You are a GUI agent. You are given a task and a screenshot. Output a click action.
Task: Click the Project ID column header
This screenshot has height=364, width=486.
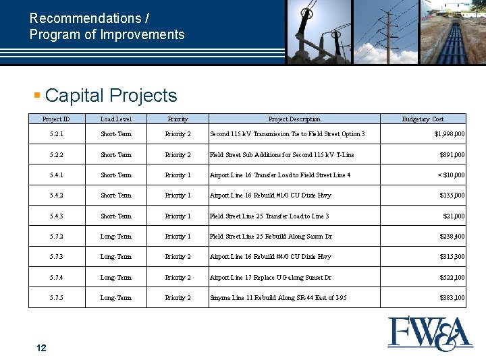click(56, 119)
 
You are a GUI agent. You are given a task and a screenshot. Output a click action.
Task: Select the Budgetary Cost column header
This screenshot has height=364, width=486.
click(423, 119)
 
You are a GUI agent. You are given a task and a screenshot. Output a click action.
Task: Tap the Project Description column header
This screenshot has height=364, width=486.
click(294, 119)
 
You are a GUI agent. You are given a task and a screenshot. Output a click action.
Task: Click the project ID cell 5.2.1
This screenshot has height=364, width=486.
click(56, 134)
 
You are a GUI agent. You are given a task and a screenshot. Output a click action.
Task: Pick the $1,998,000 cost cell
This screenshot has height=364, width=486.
click(449, 134)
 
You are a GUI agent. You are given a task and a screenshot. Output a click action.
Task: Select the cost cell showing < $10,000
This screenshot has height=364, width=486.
click(450, 175)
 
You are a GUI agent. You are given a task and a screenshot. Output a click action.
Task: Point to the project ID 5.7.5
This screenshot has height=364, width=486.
click(56, 298)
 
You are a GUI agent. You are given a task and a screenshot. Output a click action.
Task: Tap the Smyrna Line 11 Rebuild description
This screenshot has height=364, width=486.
click(278, 298)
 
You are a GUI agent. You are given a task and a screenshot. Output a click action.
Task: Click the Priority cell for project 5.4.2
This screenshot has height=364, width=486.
click(178, 195)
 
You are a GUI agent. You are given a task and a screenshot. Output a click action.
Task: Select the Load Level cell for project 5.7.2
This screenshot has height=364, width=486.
click(115, 237)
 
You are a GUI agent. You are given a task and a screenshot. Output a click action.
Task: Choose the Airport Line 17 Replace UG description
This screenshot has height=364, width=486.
click(271, 278)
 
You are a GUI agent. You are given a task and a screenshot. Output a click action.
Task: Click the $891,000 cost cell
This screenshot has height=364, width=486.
click(452, 155)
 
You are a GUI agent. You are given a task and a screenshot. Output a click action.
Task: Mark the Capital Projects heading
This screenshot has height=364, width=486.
click(111, 96)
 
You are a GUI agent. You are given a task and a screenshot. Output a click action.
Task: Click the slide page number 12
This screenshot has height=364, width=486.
click(41, 348)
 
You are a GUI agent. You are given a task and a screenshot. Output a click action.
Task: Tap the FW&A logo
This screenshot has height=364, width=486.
click(430, 333)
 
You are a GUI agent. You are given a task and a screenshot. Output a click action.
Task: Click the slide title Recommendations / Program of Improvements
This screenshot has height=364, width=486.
click(107, 27)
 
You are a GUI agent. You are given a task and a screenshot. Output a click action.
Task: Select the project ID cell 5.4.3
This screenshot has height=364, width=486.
click(56, 216)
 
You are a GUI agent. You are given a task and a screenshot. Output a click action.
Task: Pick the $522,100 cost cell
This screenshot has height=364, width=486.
click(452, 278)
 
